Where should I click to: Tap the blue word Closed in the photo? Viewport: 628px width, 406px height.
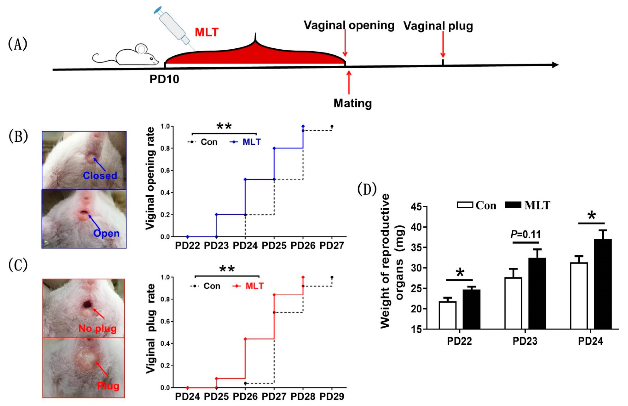[100, 176]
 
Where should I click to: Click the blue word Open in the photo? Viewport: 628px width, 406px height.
[106, 233]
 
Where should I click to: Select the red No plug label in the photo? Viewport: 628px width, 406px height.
[97, 329]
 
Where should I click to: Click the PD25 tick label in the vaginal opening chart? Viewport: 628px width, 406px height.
[274, 246]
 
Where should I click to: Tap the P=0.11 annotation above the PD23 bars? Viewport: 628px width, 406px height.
[526, 234]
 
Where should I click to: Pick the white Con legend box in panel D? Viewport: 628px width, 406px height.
[465, 205]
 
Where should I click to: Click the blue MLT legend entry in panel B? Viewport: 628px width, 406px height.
[251, 142]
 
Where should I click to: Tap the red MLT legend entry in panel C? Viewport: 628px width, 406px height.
[254, 286]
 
